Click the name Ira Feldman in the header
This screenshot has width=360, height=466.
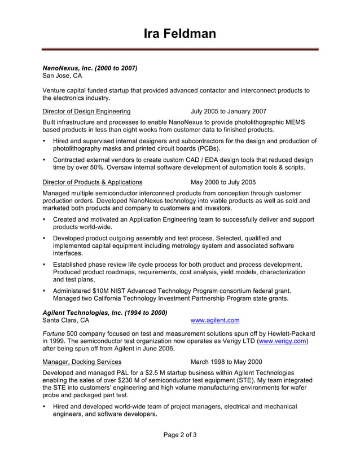pyautogui.click(x=179, y=34)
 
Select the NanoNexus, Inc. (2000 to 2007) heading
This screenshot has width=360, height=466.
pyautogui.click(x=90, y=68)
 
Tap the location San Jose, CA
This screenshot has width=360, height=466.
pyautogui.click(x=62, y=76)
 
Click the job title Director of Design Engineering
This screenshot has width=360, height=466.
pyautogui.click(x=86, y=111)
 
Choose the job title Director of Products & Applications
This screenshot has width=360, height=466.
pyautogui.click(x=93, y=182)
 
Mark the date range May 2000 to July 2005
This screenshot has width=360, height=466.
pyautogui.click(x=223, y=182)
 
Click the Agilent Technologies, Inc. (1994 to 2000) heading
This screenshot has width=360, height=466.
pyautogui.click(x=105, y=313)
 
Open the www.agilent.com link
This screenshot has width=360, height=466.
pyautogui.click(x=215, y=320)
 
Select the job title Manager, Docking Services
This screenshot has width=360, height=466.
pyautogui.click(x=82, y=362)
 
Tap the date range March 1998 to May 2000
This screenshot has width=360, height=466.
pyautogui.click(x=226, y=362)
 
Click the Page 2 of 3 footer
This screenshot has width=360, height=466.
pyautogui.click(x=180, y=435)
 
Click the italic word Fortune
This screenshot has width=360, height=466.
pyautogui.click(x=55, y=333)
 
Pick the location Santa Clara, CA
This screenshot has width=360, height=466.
pyautogui.click(x=65, y=320)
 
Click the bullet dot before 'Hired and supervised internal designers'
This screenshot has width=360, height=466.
pyautogui.click(x=45, y=141)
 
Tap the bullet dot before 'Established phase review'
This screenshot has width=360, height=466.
pyautogui.click(x=45, y=265)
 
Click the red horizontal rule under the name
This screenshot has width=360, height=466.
pyautogui.click(x=179, y=50)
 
